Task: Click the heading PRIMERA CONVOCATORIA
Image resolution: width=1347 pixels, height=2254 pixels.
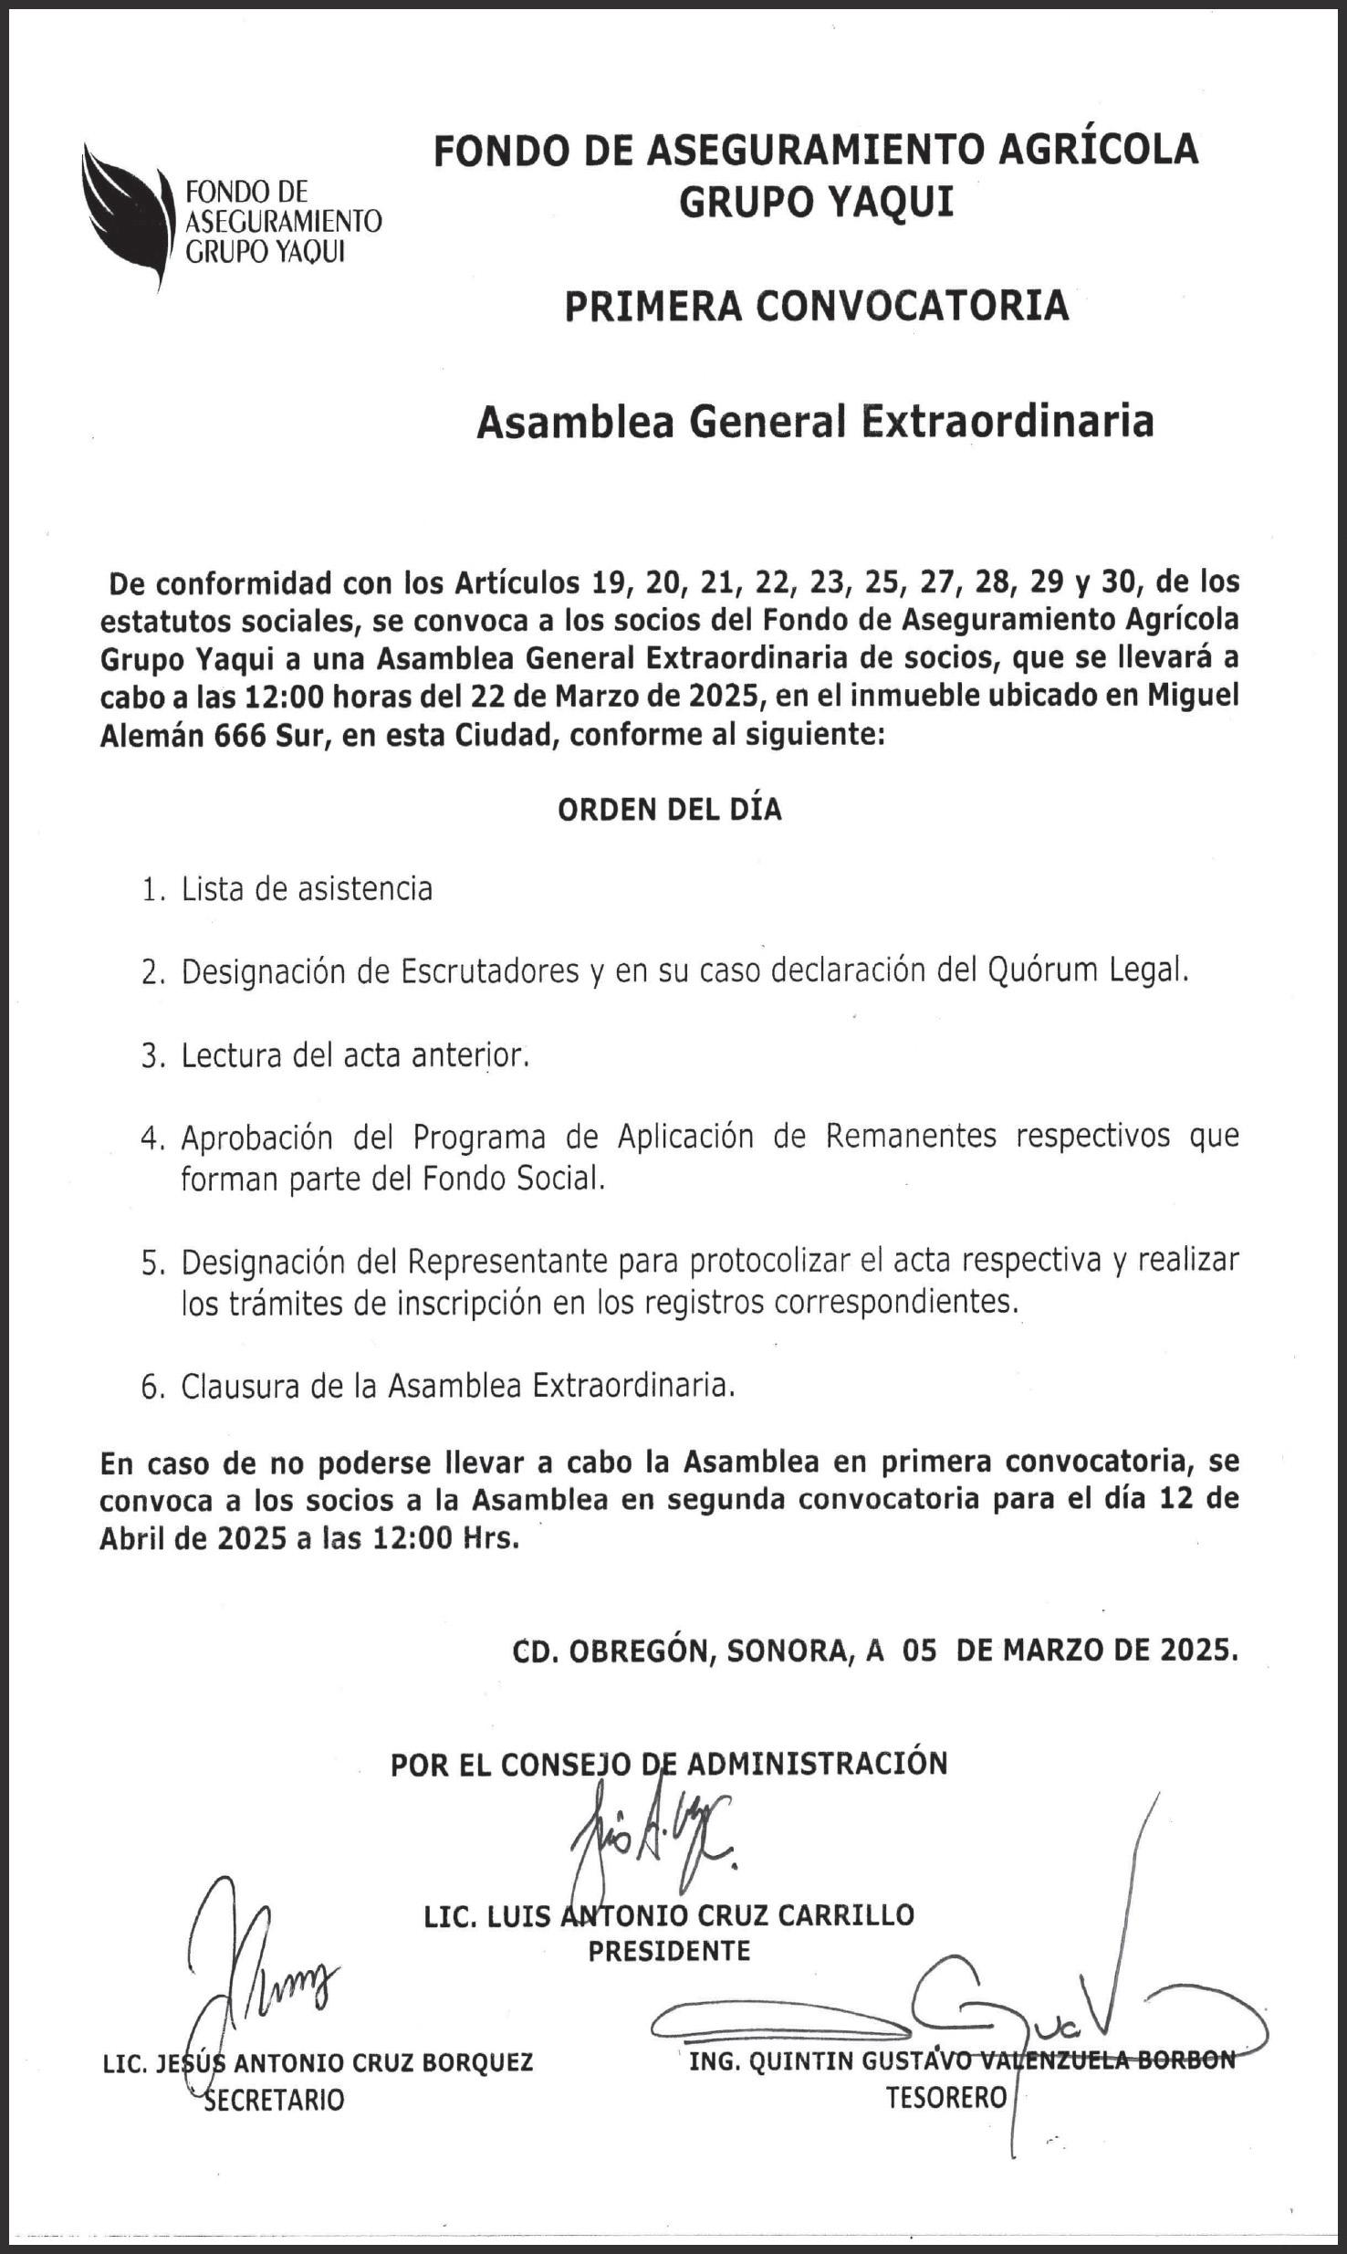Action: (816, 307)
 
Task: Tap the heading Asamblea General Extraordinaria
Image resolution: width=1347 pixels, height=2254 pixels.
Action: (815, 422)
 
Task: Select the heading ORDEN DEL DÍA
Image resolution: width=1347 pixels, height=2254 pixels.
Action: (670, 810)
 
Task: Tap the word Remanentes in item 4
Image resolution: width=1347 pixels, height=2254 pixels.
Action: (910, 1137)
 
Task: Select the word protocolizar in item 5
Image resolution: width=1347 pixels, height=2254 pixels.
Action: (773, 1261)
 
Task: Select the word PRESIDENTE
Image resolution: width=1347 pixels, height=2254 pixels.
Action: (669, 1951)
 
